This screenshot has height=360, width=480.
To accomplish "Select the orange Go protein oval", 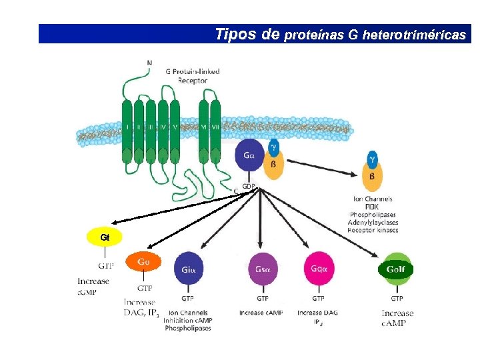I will point(144,262).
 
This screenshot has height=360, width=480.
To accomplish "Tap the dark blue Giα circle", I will point(188,269).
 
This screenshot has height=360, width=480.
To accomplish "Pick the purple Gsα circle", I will point(263,269).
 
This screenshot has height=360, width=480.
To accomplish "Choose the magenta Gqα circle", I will point(319,269).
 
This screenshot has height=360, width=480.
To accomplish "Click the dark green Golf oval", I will point(396,269).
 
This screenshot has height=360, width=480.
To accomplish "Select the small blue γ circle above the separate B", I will point(372,159).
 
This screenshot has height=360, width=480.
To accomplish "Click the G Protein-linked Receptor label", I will point(192,76).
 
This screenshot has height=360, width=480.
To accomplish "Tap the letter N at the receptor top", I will point(149,63).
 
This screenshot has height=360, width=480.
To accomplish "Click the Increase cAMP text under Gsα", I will point(261,313).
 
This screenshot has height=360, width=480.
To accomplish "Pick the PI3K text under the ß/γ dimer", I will point(372,207).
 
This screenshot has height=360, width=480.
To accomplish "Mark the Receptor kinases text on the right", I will point(373,230).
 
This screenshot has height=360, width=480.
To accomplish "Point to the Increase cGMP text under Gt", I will point(93,287).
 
